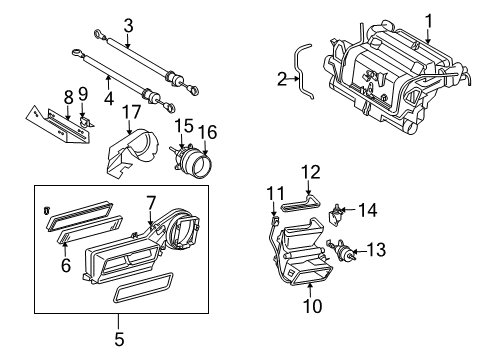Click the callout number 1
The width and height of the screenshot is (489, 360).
pyautogui.click(x=430, y=21)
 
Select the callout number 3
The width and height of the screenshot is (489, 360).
pyautogui.click(x=128, y=26)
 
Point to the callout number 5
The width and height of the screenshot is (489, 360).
pyautogui.click(x=119, y=339)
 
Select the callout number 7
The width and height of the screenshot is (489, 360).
pyautogui.click(x=150, y=204)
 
